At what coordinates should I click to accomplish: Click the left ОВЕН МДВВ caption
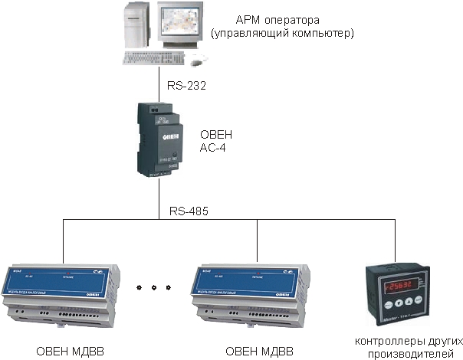click(70, 351)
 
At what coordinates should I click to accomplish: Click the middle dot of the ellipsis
click(156, 288)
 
